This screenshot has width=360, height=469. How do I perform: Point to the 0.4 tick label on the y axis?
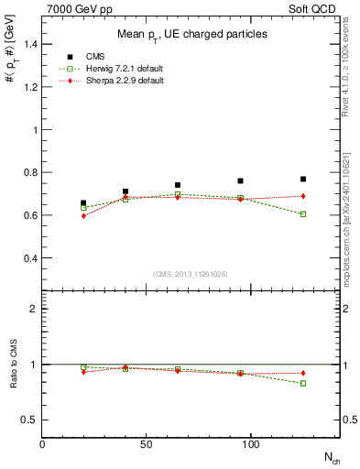29,258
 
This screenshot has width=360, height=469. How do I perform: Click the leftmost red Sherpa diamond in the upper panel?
83,216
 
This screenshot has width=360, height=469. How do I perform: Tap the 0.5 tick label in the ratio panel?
29,420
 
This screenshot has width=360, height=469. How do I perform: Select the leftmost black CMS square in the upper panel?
83,203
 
